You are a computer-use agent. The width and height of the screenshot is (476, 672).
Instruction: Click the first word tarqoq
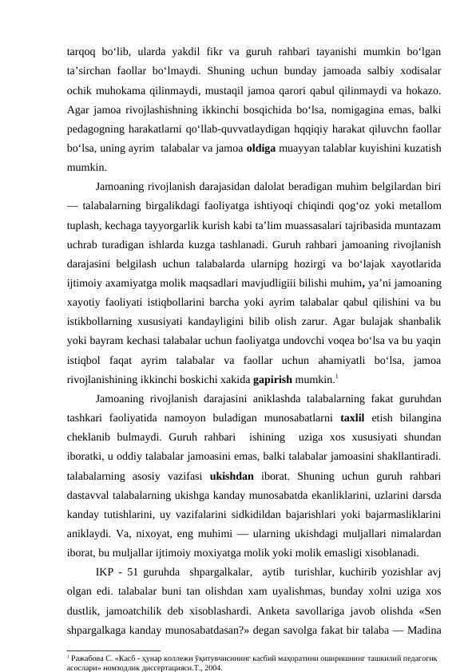click(x=82, y=45)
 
